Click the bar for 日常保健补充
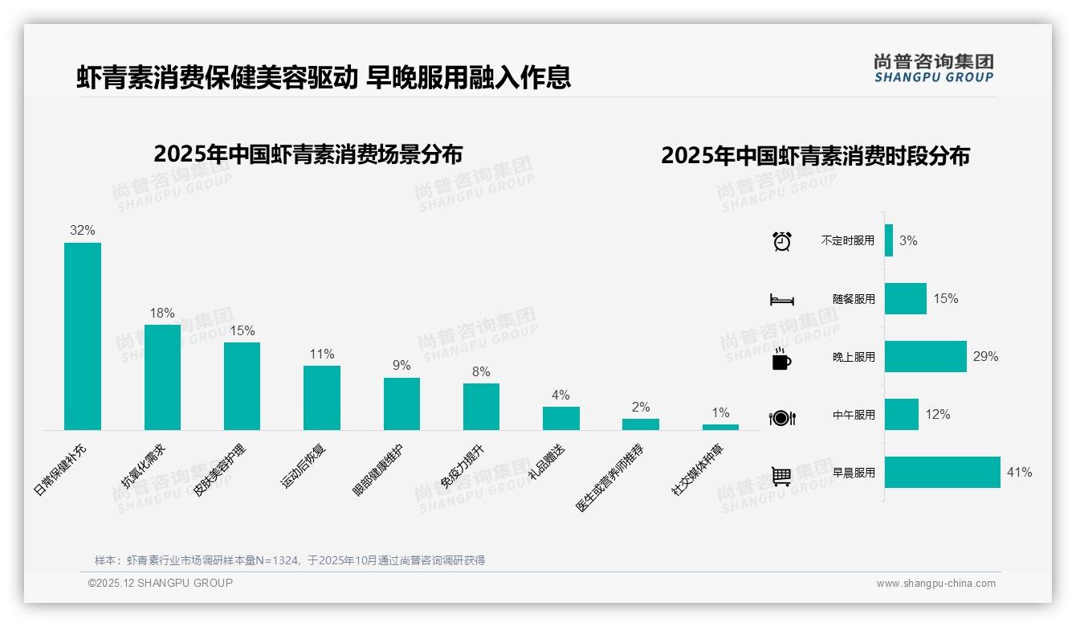click(x=83, y=336)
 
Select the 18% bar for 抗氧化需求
click(x=162, y=377)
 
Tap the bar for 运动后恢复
click(x=321, y=398)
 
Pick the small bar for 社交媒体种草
click(x=720, y=427)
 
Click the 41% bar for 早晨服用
click(x=943, y=473)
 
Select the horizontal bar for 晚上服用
click(x=926, y=357)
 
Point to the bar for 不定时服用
click(x=889, y=240)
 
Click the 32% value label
click(x=82, y=230)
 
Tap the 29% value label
click(x=985, y=357)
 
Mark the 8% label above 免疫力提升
click(x=481, y=371)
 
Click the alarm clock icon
click(x=781, y=241)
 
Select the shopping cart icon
click(x=781, y=476)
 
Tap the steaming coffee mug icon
click(x=781, y=359)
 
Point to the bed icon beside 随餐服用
click(x=781, y=300)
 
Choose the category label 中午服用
click(x=854, y=416)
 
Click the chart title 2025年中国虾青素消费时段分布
click(x=815, y=155)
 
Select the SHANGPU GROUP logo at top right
click(x=933, y=68)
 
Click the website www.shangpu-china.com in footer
click(x=935, y=584)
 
